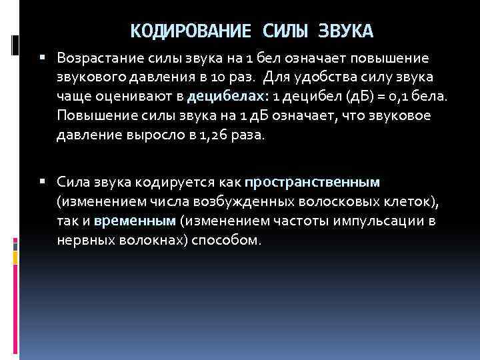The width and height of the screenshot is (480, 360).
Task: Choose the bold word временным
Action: [135, 220]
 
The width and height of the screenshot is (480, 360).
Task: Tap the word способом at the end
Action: [225, 239]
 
